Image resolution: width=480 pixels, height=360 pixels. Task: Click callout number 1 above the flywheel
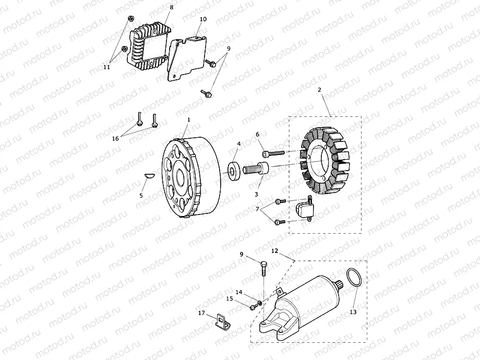pyautogui.click(x=189, y=119)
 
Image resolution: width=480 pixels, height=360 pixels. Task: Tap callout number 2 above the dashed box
pyautogui.click(x=319, y=90)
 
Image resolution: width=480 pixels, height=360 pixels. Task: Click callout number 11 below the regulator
pyautogui.click(x=106, y=67)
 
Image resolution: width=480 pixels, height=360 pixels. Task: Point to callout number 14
pyautogui.click(x=238, y=292)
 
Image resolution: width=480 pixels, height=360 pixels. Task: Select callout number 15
pyautogui.click(x=229, y=299)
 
